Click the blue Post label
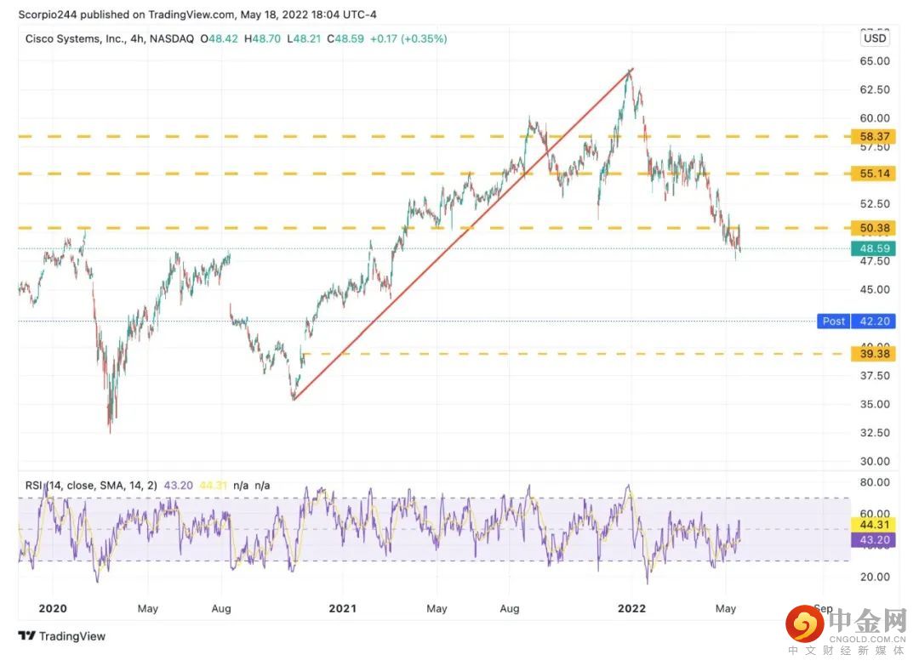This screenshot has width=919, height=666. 833,322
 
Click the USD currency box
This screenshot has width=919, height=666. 874,38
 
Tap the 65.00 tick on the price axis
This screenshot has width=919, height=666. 875,61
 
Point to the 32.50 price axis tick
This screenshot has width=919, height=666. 875,433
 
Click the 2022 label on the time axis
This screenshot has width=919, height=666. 631,608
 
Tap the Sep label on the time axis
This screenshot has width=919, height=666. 823,608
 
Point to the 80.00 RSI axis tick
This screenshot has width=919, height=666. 875,482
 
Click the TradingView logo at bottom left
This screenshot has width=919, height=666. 61,635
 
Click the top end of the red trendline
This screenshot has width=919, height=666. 632,69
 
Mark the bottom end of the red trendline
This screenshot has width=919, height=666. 293,399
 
